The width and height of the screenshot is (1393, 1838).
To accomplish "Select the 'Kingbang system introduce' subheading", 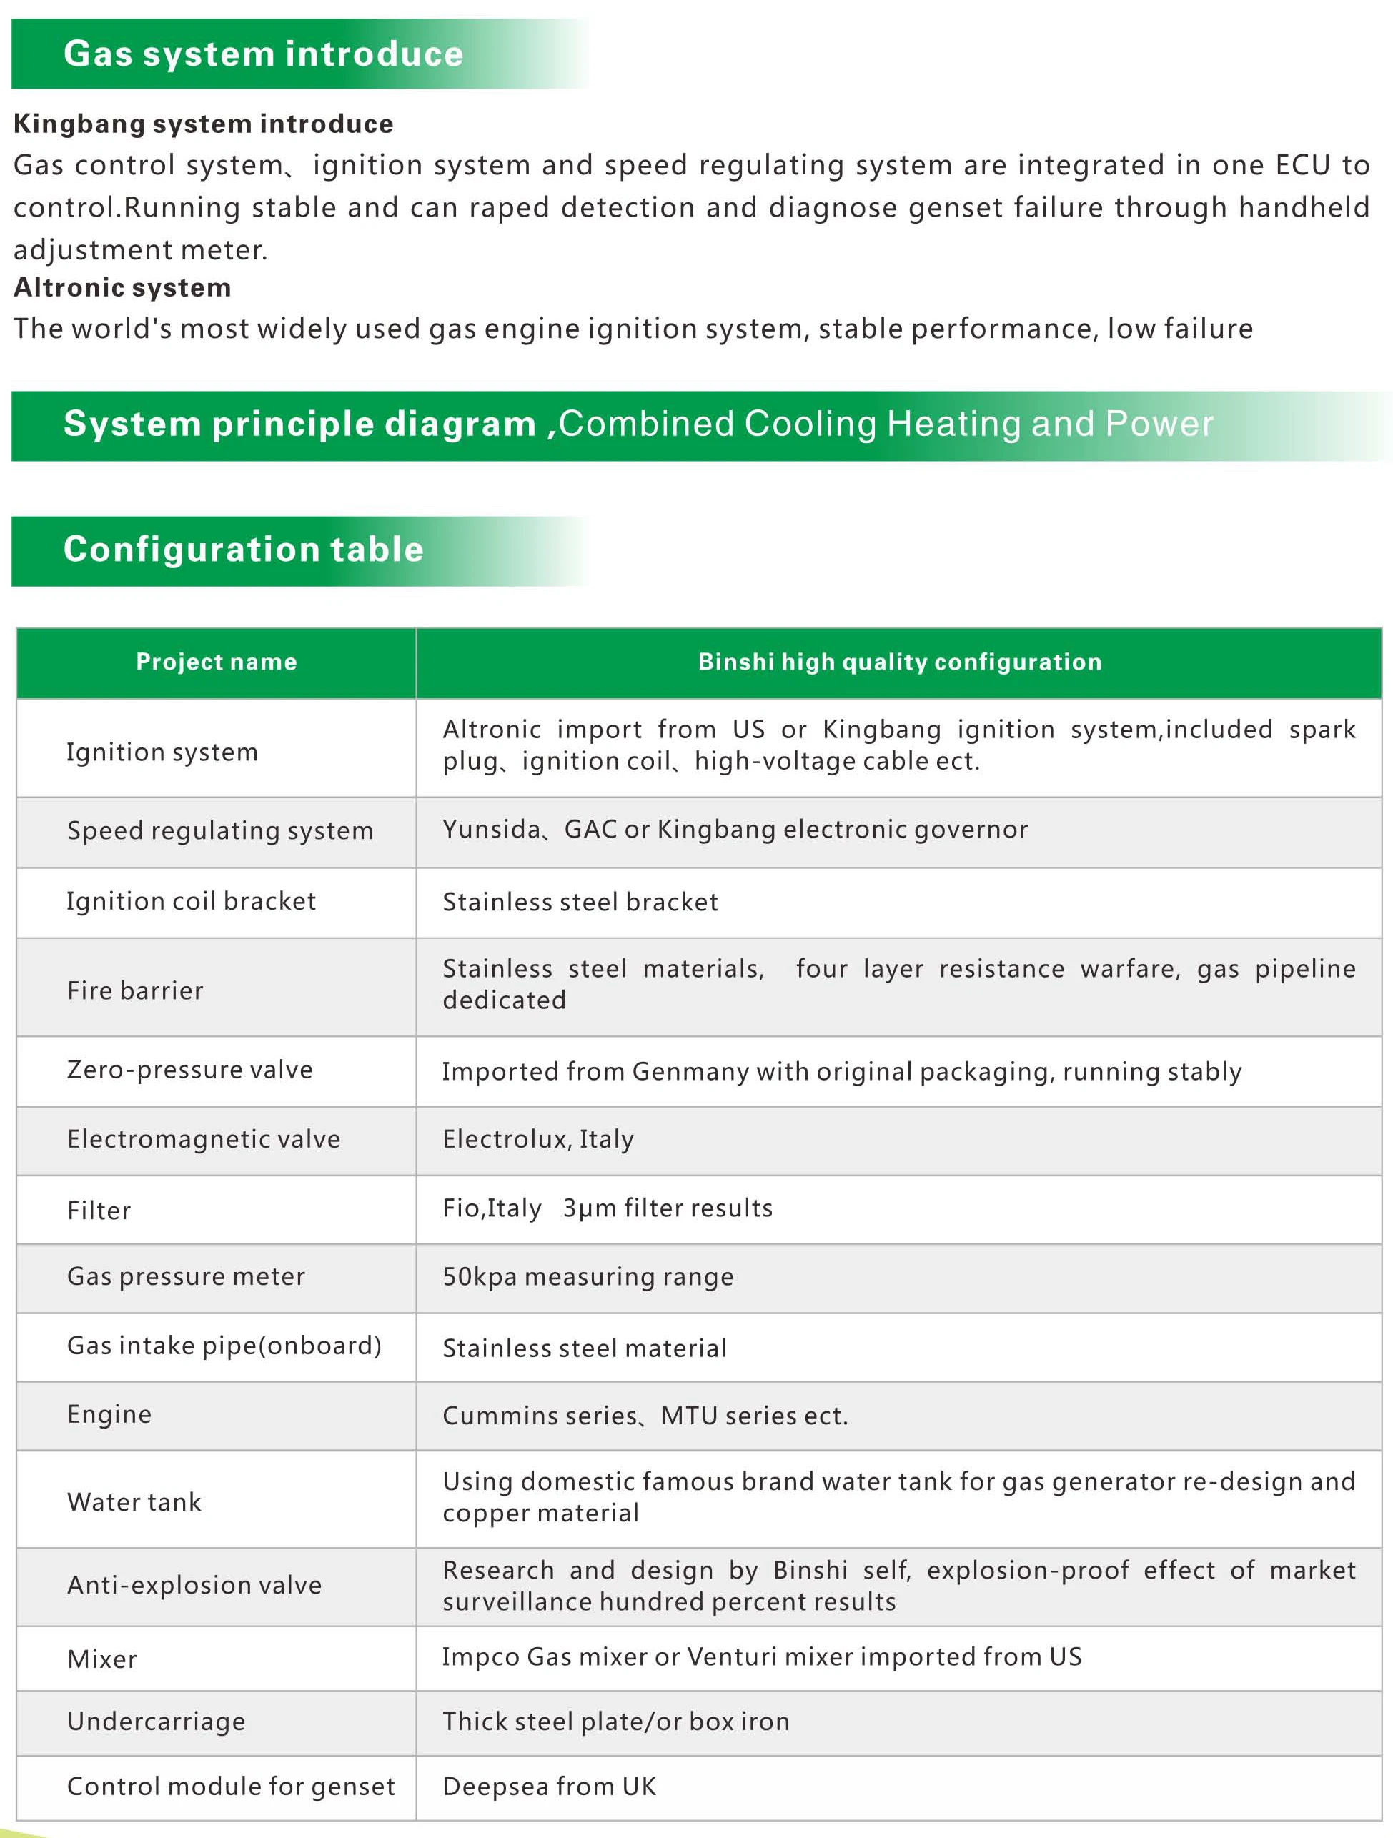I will [204, 124].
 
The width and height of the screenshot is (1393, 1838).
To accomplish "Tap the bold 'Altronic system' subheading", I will [122, 287].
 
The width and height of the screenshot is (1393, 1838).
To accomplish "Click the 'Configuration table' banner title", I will [244, 550].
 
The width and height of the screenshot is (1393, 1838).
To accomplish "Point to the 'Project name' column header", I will [216, 662].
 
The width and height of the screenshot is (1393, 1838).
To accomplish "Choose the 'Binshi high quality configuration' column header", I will [899, 662].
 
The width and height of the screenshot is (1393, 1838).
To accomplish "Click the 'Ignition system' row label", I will [162, 752].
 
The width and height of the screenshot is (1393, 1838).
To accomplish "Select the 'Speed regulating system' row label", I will [220, 830].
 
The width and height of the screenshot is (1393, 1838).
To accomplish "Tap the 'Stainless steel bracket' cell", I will [580, 902].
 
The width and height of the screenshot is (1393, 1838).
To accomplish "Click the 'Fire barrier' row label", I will [136, 990].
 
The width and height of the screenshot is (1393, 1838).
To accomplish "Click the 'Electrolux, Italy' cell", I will [537, 1138].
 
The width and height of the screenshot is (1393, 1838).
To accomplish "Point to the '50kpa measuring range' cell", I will [588, 1276].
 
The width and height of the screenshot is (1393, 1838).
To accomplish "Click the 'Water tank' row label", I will [134, 1501].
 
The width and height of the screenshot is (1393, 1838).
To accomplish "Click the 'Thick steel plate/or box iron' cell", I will [616, 1721].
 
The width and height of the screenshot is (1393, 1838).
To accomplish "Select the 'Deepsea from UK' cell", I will [550, 1786].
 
